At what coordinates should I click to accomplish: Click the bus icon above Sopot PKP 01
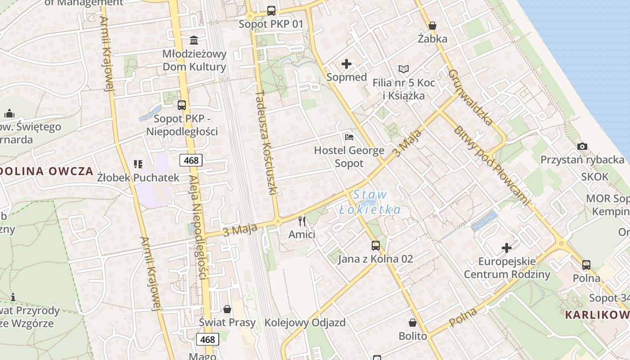(271, 10)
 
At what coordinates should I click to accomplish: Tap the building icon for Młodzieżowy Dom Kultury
(194, 40)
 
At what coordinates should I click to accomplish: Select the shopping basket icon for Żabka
(432, 26)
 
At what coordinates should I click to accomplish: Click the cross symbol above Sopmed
(346, 64)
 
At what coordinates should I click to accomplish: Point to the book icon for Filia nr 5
(404, 69)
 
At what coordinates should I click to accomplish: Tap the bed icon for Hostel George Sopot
(349, 137)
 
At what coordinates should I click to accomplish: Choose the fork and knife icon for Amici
(302, 221)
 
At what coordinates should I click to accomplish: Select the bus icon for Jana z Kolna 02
(376, 245)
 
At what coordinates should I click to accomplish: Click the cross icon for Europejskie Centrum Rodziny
(507, 247)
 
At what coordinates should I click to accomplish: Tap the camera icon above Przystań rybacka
(582, 146)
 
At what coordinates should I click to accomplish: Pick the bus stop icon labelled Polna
(586, 265)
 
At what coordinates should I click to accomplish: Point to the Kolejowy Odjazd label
(305, 323)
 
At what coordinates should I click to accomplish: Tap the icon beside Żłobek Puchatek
(138, 164)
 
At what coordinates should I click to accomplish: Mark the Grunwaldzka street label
(471, 97)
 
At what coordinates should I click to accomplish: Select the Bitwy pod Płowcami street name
(492, 166)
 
